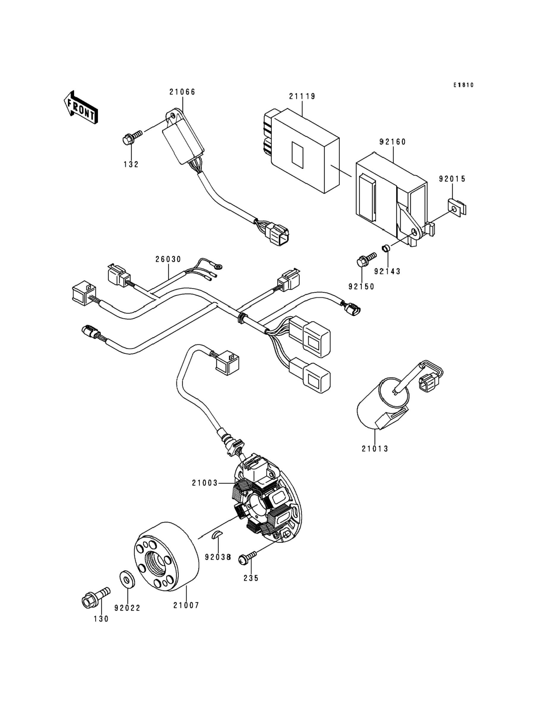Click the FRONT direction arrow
click(x=81, y=108)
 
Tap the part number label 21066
click(x=182, y=92)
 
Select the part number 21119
click(x=302, y=96)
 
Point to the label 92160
click(x=392, y=142)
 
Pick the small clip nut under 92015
click(x=457, y=208)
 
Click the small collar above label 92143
click(x=386, y=248)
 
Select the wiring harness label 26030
click(x=168, y=259)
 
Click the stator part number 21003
click(x=204, y=483)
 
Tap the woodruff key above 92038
click(x=217, y=534)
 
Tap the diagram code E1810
click(x=464, y=85)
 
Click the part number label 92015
click(x=452, y=179)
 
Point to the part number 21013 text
click(x=375, y=449)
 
